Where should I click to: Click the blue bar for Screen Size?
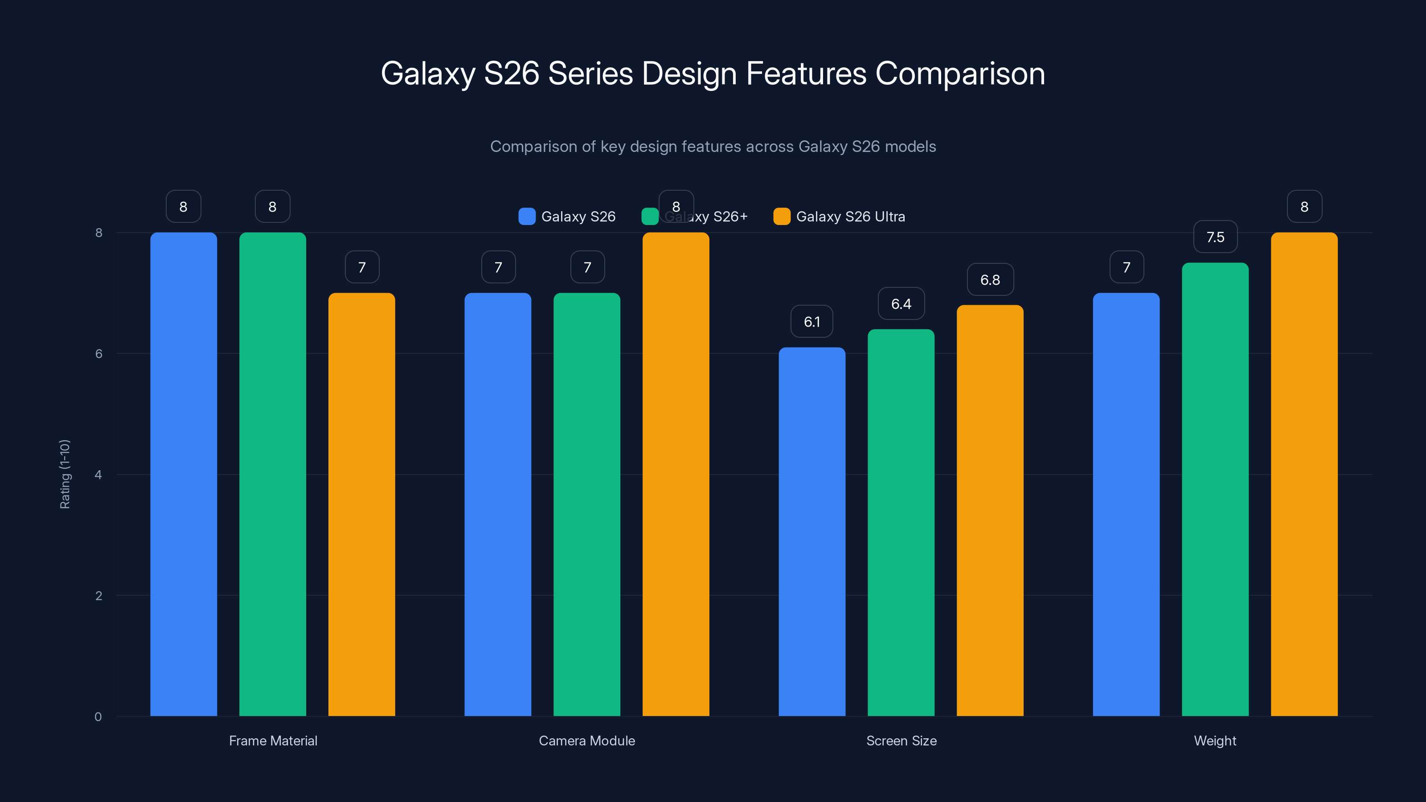pos(811,532)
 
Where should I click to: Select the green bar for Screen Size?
pos(901,523)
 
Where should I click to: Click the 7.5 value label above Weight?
pos(1215,237)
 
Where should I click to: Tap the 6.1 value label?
pos(811,322)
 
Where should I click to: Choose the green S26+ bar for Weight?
pos(1215,489)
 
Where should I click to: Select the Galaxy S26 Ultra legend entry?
pos(839,217)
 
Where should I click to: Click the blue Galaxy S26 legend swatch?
pos(526,217)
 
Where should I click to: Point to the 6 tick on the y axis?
pos(98,354)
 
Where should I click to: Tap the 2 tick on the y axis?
pos(98,596)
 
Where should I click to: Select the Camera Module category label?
pos(587,741)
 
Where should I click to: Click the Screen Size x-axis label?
pos(901,741)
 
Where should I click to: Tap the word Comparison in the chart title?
pos(960,74)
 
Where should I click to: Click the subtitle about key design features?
pos(713,146)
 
